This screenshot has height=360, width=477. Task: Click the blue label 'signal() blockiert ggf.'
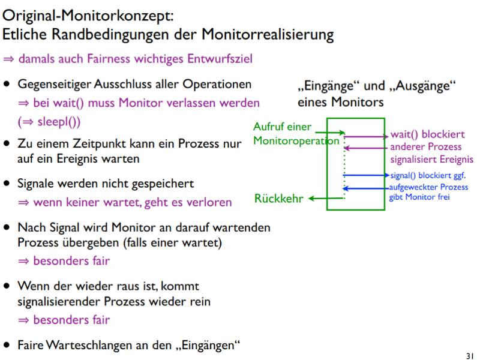click(x=428, y=176)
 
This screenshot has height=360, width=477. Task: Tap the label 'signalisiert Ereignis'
click(x=431, y=159)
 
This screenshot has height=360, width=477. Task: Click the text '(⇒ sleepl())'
click(x=49, y=121)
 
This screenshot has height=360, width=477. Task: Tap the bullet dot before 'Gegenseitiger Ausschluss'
click(x=7, y=84)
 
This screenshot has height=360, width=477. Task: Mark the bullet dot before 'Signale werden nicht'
click(x=7, y=182)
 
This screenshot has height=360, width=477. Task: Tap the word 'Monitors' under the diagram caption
click(x=359, y=102)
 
